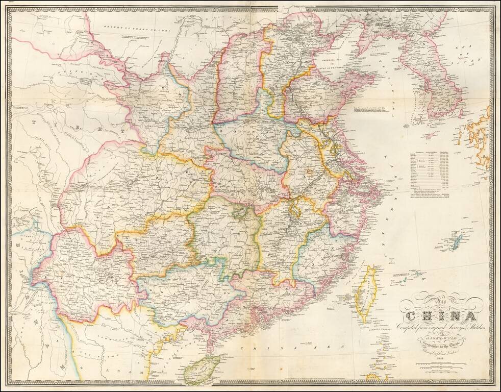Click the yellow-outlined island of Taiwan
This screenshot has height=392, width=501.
[367, 294]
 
